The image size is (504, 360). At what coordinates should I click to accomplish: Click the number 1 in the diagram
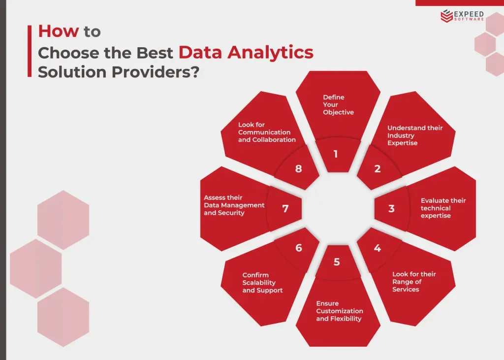pos(336,154)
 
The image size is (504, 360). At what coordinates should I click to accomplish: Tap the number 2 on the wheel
pos(378,168)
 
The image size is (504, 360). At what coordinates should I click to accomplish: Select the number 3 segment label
pos(391,208)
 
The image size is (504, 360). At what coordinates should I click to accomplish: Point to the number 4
pos(378,248)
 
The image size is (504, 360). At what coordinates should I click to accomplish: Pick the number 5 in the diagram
pos(337,262)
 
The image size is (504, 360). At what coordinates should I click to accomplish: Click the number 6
pos(299,248)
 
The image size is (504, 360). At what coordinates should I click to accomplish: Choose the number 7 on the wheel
pos(285,208)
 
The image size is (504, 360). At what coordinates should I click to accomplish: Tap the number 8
pos(299,168)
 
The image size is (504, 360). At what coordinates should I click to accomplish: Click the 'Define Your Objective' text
pos(339,104)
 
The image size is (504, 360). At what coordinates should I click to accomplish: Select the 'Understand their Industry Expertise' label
pos(415,135)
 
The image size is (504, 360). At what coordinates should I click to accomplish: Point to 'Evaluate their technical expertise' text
pos(443,208)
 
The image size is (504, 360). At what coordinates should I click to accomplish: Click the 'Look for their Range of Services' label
pos(414,282)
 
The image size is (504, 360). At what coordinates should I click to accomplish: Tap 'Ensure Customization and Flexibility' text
pos(340,311)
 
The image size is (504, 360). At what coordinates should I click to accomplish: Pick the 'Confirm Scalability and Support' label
pos(262,283)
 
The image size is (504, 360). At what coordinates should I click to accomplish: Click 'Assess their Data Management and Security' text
pos(234,205)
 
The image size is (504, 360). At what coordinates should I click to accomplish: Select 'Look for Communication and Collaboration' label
pos(267,132)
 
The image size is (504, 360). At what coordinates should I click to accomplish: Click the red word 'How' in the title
pos(59,31)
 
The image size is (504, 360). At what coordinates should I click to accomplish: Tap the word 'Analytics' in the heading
pos(270,53)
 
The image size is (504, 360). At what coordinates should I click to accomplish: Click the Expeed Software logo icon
pos(446,16)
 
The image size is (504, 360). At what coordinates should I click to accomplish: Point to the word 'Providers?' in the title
pos(156,72)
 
